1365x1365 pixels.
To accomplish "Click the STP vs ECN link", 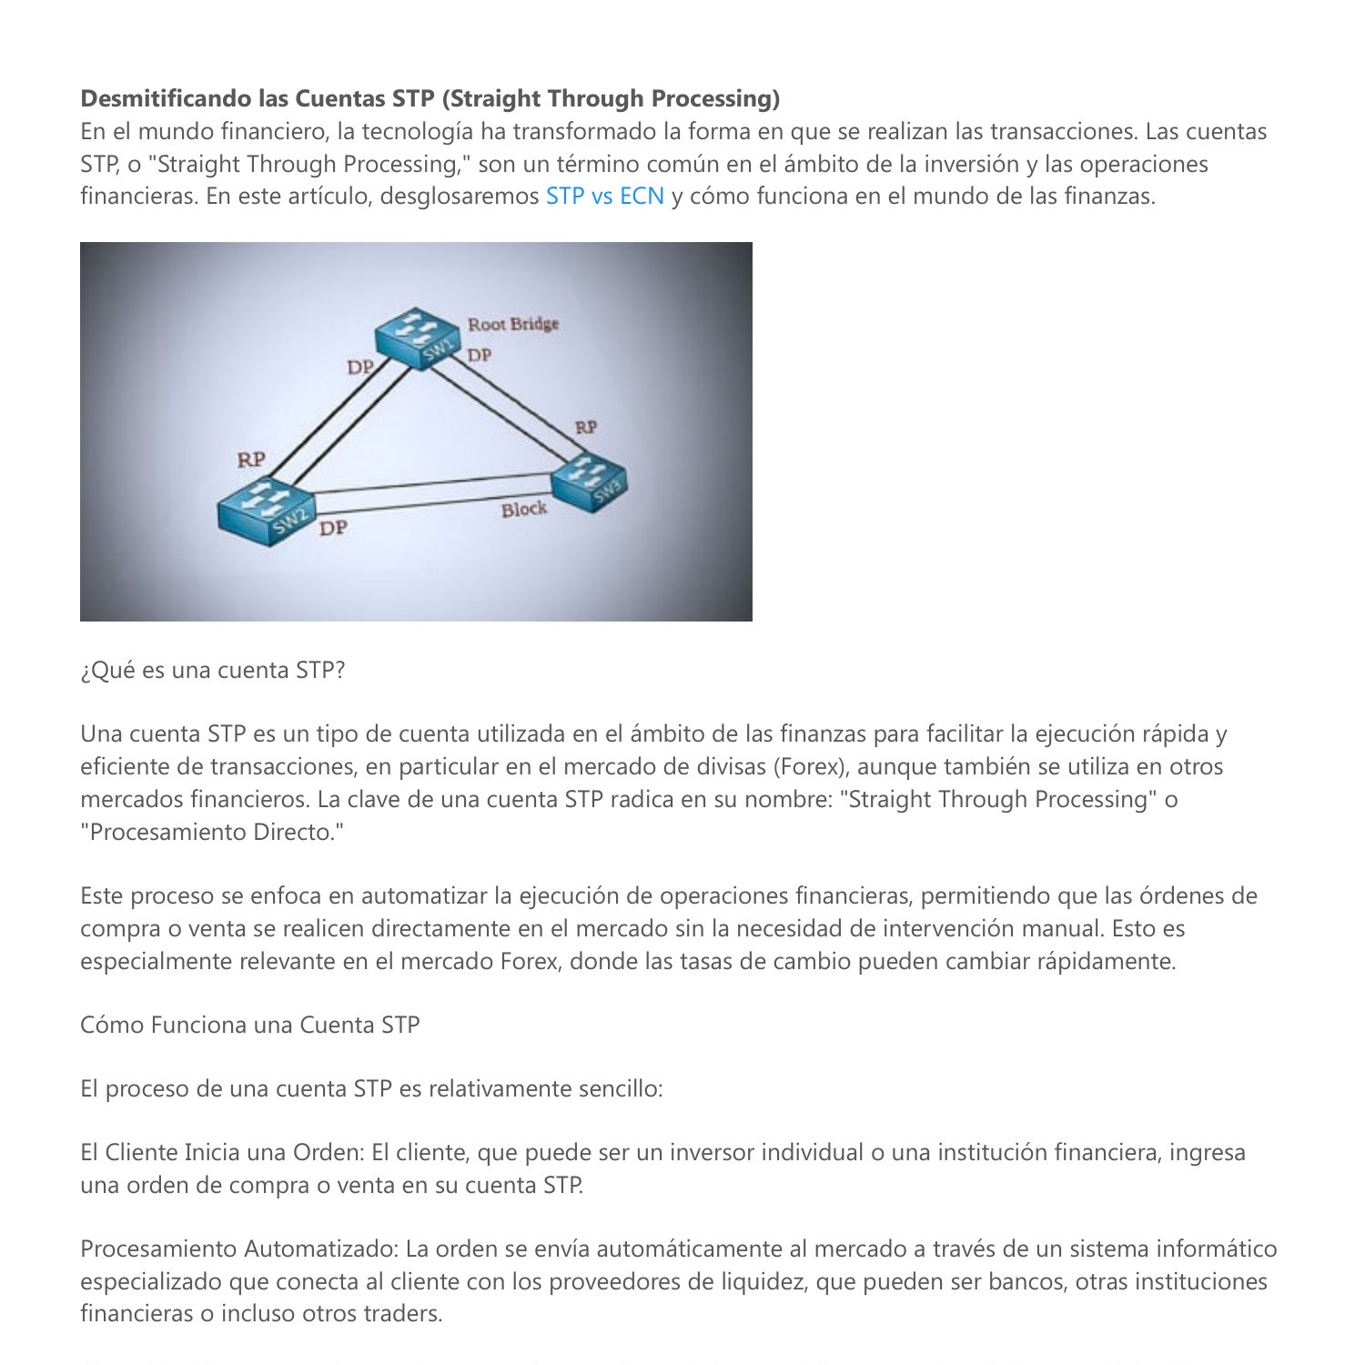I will point(604,197).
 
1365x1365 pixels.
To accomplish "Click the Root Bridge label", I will point(513,324).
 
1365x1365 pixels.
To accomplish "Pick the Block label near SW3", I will point(524,510).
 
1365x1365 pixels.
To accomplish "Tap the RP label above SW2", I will point(251,460).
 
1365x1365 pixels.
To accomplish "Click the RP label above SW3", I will point(586,427).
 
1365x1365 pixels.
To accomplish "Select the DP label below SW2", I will point(333,528).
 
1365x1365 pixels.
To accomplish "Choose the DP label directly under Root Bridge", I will point(480,355).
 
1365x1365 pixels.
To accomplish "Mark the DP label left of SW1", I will point(360,367).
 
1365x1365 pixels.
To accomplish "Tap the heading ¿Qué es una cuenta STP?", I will point(212,671).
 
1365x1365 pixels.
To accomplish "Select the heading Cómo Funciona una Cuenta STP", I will point(249,1026).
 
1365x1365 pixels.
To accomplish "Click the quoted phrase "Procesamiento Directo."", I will point(212,833).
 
